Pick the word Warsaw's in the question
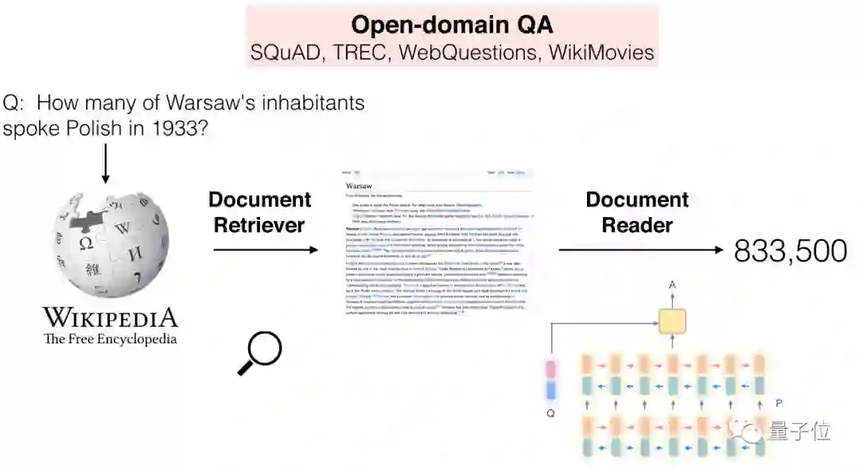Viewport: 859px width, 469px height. pos(203,103)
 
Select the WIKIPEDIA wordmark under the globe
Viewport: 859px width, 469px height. pos(110,318)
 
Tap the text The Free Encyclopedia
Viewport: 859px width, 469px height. pos(110,339)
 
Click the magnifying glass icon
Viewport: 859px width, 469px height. pos(260,352)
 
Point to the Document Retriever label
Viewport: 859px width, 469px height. pos(261,212)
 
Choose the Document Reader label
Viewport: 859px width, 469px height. pos(637,212)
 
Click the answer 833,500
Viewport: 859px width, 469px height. pos(790,251)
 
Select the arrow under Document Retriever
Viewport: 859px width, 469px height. pos(265,250)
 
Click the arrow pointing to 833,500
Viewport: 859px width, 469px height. pos(641,250)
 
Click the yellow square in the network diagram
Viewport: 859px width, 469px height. pos(671,321)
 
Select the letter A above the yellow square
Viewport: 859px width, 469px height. pos(671,284)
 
